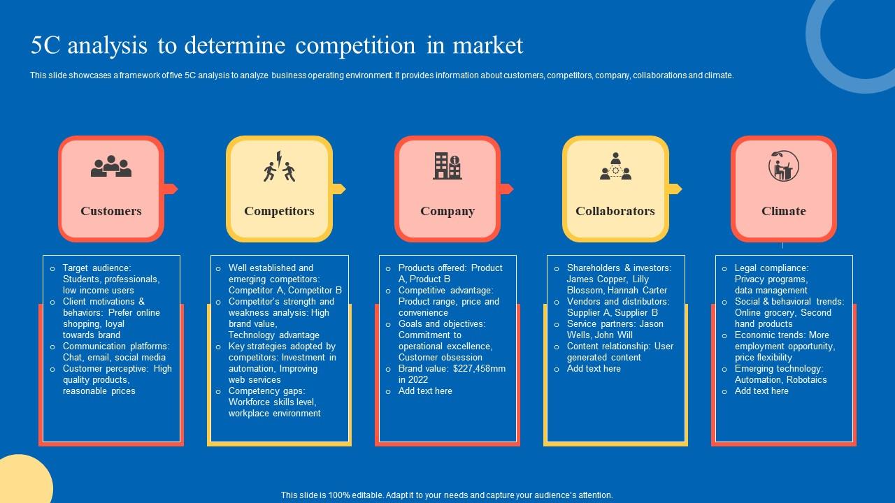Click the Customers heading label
[110, 211]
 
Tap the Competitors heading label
[279, 211]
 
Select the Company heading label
[447, 211]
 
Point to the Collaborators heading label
[615, 211]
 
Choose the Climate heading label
[783, 211]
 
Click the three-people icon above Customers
[110, 166]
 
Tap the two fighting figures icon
[279, 166]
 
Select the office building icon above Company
[447, 166]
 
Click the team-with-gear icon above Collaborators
[615, 166]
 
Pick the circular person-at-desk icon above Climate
[783, 166]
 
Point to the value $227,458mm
[479, 368]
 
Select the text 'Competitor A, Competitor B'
[285, 290]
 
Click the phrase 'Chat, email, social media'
[114, 357]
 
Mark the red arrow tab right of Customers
[171, 189]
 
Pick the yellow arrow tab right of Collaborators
[674, 189]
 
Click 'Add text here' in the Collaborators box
[594, 368]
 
